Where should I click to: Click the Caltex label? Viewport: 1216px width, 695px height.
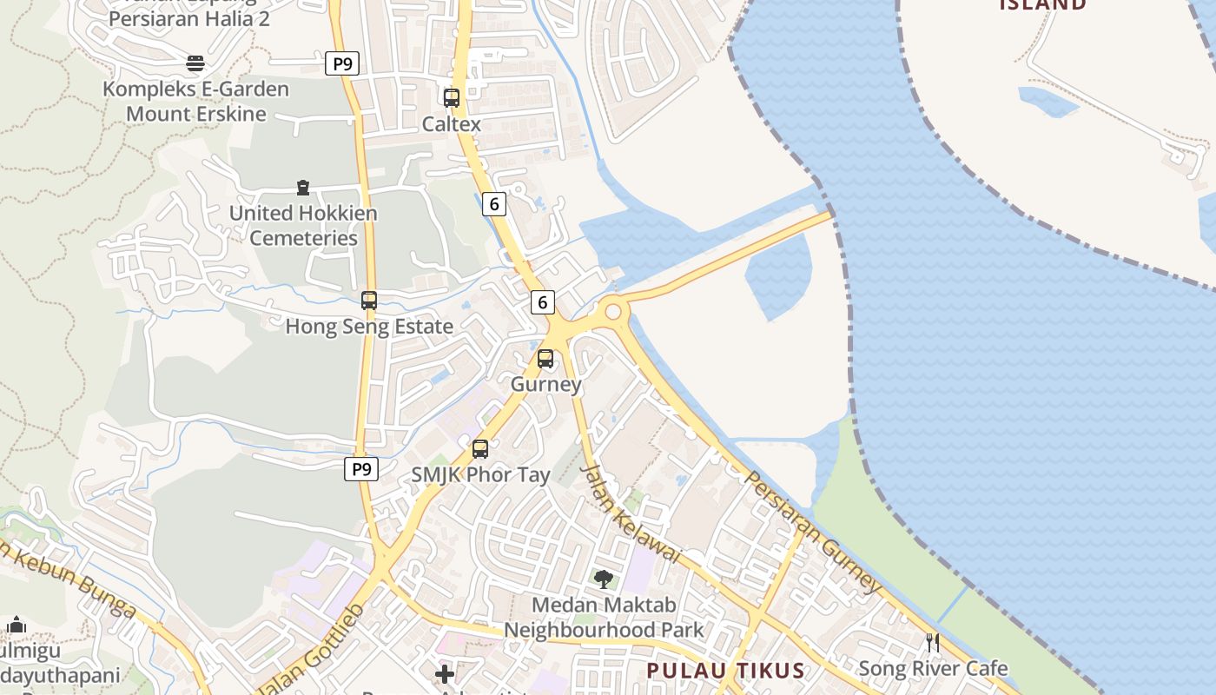451,124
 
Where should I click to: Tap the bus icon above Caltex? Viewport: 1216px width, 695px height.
452,98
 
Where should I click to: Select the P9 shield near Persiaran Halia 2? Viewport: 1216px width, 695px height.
342,63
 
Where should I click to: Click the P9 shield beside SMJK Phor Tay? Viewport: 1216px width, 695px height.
361,469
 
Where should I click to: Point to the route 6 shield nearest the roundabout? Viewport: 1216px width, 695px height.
542,302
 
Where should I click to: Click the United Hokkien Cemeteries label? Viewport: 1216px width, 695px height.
303,225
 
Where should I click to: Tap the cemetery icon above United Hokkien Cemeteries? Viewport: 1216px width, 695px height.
303,188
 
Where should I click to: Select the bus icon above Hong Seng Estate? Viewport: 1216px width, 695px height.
369,301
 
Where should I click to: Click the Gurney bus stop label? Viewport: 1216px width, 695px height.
545,384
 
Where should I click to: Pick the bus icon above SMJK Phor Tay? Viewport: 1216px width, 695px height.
480,449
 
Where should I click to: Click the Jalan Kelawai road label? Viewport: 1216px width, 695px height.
631,513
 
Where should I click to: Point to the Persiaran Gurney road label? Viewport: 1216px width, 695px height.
813,533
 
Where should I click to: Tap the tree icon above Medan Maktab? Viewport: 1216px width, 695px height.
603,579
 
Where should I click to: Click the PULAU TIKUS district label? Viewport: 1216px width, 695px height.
725,671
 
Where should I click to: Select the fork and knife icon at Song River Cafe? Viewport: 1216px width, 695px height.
933,643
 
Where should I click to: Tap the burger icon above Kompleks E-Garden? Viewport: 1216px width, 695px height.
195,63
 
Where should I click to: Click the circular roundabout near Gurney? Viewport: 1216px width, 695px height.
613,311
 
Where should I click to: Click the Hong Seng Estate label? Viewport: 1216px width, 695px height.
369,327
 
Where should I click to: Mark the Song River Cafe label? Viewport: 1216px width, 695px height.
933,668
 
